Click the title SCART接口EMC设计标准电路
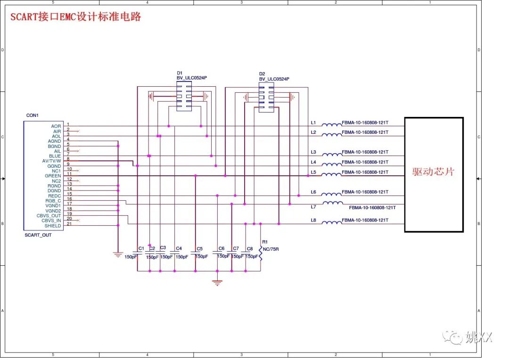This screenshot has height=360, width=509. [76, 17]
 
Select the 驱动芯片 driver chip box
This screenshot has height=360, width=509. [434, 174]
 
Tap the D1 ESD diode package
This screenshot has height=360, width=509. [184, 96]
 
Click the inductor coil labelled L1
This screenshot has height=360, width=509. [332, 125]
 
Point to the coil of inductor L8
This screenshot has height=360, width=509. [332, 222]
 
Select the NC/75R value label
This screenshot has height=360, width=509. [271, 249]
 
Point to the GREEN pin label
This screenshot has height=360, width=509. [53, 176]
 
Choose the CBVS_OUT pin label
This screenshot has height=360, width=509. [49, 216]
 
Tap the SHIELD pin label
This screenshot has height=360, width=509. [53, 226]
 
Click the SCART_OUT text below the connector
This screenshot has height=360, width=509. [38, 235]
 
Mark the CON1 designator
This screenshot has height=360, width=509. [33, 115]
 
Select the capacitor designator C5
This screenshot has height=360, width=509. [200, 249]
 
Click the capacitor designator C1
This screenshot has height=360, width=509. [141, 248]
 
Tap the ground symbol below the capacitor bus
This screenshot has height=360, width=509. [217, 282]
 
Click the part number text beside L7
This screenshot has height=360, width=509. [372, 207]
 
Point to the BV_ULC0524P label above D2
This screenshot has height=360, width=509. [274, 79]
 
